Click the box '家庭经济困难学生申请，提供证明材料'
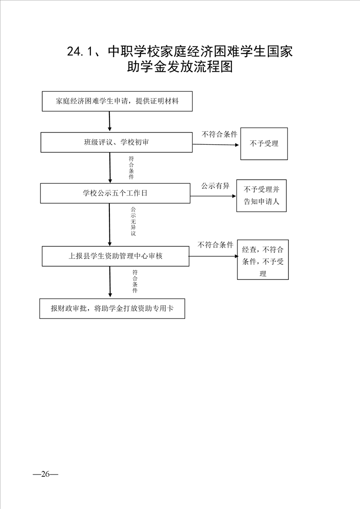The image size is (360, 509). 117,101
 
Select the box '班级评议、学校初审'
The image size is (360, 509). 116,142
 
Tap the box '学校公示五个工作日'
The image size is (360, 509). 115,193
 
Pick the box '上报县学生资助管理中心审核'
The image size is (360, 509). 115,256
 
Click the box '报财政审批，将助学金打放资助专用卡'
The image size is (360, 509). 112,308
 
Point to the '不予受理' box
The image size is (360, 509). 264,144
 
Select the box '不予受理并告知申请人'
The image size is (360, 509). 261,196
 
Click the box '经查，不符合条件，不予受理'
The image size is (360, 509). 263,259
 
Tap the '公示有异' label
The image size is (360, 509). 216,186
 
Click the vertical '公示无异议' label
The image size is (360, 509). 133,221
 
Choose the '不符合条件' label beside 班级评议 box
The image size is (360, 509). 220,134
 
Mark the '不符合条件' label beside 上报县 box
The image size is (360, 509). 216,245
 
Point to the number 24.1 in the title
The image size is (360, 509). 80,52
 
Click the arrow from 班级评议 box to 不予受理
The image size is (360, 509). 216,145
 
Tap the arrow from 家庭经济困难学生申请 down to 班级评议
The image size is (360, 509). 109,121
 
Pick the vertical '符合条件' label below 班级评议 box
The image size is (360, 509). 131,168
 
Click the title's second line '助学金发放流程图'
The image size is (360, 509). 180,68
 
